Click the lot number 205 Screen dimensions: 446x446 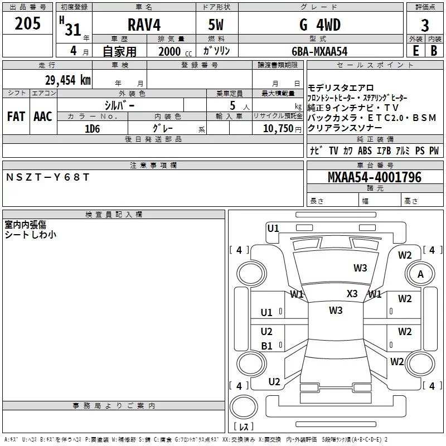(28, 24)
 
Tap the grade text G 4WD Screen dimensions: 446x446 (319, 25)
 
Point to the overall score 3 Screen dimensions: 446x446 (425, 26)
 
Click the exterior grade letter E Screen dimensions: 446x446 (415, 51)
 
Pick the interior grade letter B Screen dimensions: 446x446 (434, 51)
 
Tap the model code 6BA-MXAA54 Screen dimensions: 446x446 (319, 51)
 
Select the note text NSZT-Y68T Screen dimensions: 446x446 (47, 177)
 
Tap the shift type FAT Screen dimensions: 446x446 (16, 117)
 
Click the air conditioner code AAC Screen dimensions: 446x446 (42, 117)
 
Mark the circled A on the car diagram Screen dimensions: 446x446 (420, 274)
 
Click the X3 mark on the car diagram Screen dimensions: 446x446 (352, 294)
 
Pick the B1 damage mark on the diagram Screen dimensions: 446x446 (266, 346)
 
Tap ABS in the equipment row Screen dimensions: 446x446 (365, 151)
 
